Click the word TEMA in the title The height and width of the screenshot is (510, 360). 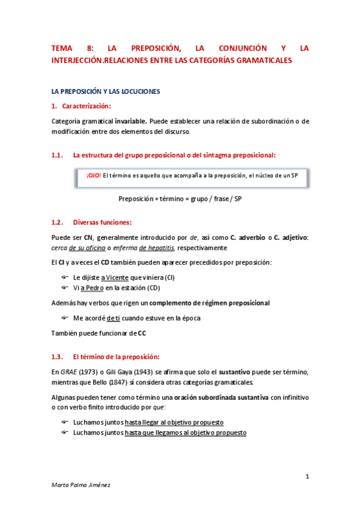click(61, 48)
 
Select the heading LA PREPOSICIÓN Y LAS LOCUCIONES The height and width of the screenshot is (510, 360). click(105, 91)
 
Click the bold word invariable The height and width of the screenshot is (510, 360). click(130, 121)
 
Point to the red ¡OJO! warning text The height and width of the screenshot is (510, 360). click(93, 176)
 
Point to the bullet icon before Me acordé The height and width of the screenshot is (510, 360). click(65, 318)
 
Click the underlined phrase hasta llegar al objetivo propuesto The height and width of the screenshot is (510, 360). click(174, 423)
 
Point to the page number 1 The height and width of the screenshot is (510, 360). click(307, 477)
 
